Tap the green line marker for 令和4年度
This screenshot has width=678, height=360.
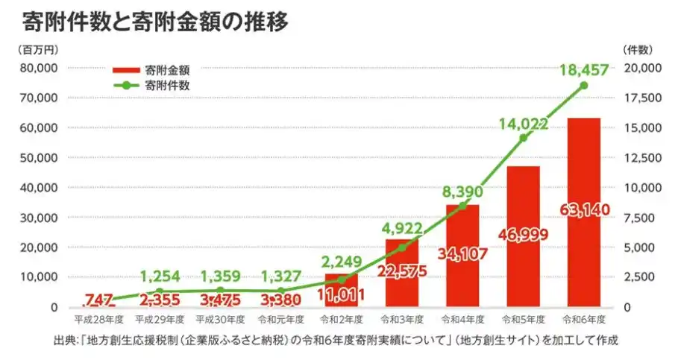click(x=462, y=206)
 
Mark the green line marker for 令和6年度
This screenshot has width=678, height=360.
click(x=584, y=86)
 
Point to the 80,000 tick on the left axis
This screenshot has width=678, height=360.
click(x=37, y=68)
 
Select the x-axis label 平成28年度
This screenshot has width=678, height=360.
click(x=97, y=320)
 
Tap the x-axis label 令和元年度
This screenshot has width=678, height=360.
click(x=280, y=320)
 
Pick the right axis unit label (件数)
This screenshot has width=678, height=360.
click(x=637, y=49)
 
